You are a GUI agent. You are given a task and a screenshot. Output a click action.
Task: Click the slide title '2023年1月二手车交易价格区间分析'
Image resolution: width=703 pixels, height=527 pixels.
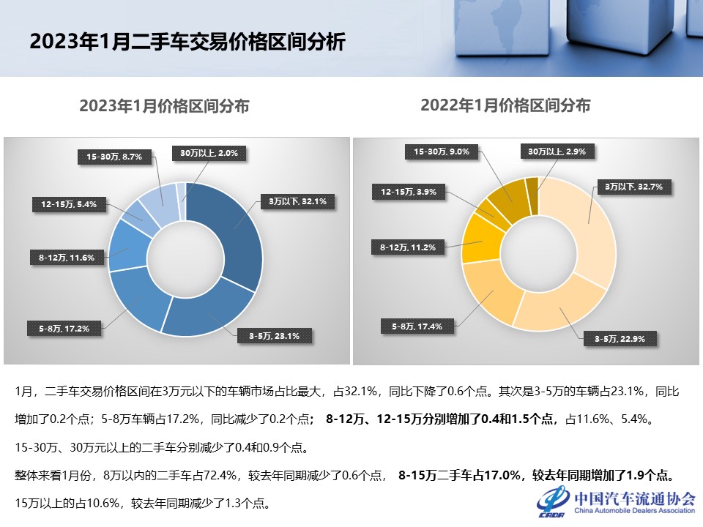coord(187,40)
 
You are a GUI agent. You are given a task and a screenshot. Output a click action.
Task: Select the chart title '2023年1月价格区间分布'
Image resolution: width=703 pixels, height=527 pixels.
coord(164,106)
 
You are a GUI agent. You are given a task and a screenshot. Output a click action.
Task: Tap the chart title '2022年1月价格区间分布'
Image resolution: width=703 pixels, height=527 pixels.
coord(505,105)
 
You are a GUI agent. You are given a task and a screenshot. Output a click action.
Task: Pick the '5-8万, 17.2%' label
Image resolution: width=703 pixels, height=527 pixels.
coord(64,329)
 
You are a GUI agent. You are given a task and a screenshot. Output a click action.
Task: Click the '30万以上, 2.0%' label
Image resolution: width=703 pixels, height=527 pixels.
coord(209,153)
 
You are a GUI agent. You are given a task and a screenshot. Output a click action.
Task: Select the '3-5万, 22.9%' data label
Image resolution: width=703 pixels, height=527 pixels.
coord(620,338)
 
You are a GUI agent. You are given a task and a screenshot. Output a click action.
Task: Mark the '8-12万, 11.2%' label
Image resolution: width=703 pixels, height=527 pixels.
coord(408,247)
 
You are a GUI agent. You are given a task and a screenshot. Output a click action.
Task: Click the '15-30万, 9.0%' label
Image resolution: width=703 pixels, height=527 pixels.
coord(446,152)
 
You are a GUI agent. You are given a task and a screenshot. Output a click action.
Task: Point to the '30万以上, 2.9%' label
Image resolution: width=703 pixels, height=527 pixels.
coord(557,152)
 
